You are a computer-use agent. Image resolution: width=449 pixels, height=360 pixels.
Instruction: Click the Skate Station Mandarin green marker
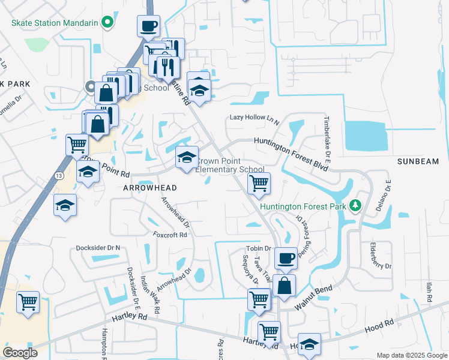click(107, 23)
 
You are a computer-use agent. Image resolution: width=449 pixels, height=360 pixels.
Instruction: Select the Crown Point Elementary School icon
click(187, 158)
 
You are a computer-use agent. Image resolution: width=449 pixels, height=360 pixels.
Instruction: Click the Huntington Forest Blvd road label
click(290, 146)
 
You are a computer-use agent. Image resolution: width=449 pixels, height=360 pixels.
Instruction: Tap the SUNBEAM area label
click(418, 162)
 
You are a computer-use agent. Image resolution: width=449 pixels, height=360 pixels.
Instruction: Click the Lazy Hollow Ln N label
click(255, 118)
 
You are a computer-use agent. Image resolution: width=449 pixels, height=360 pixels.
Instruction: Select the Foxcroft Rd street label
click(170, 235)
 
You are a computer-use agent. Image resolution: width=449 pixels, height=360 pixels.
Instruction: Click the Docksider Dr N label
click(98, 248)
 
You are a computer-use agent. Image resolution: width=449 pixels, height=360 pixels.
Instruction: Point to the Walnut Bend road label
click(313, 298)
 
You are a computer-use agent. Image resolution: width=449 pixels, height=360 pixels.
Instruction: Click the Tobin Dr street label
click(259, 248)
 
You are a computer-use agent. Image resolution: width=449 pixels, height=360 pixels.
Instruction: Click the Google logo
click(20, 353)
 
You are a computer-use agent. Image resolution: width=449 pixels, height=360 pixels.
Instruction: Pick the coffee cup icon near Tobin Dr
click(286, 258)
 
